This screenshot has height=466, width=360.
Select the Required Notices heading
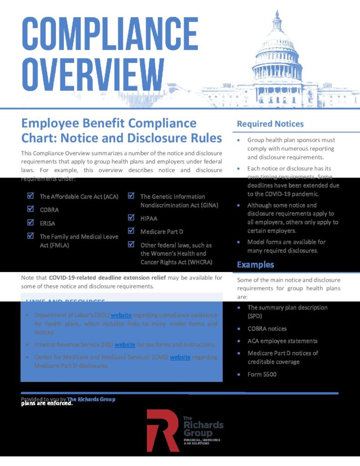pos(270,124)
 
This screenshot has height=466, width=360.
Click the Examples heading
pos(255,264)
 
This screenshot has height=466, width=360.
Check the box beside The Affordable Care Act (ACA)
pos(30,196)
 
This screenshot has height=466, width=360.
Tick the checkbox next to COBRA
pos(30,209)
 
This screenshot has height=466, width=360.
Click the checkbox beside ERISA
pos(30,223)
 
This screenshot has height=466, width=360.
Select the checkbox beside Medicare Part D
pos(131,231)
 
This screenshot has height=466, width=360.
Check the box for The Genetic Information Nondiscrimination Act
pos(131,196)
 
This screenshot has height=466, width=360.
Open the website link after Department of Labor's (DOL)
pos(121,315)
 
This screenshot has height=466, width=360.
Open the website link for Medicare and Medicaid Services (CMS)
pos(180,357)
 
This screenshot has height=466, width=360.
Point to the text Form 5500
pos(262,375)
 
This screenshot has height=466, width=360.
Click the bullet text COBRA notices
pos(267,329)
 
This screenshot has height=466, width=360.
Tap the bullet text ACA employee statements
pos(282,341)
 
